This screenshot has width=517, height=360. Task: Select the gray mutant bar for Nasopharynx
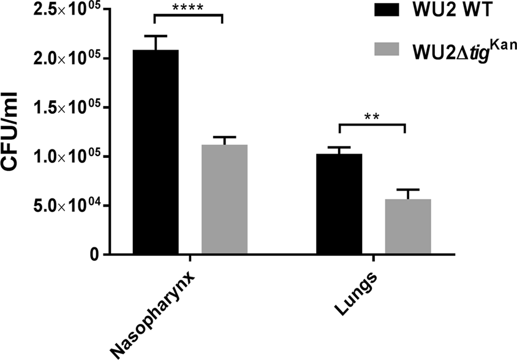224,199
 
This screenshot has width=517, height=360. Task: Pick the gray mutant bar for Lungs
408,227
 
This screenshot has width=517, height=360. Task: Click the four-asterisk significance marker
189,8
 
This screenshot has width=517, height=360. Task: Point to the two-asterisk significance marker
372,116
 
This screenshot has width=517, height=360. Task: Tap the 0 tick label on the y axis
92,255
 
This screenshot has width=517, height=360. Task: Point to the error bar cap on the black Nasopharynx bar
156,36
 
